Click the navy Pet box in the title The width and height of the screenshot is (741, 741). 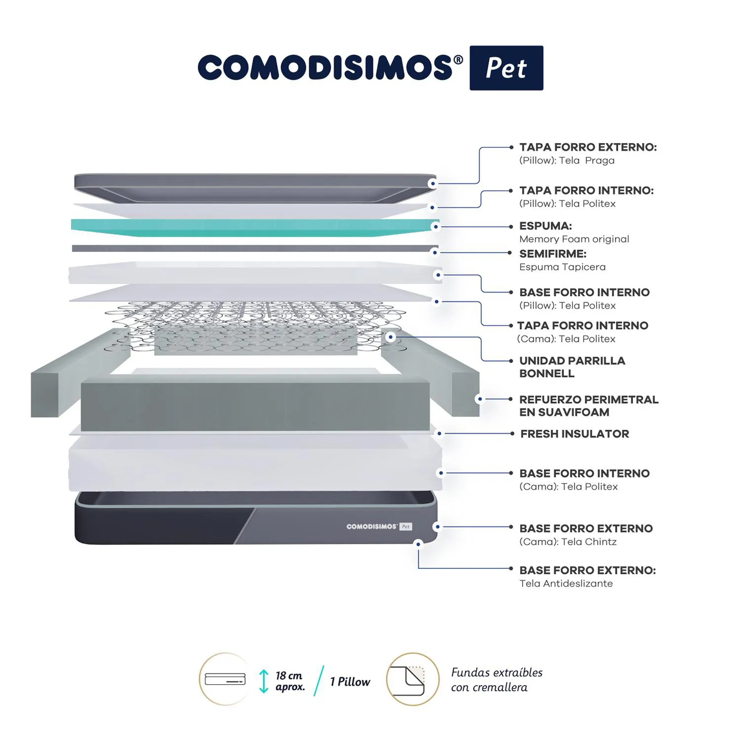pyautogui.click(x=506, y=68)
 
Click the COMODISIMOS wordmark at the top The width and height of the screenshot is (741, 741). pyautogui.click(x=330, y=68)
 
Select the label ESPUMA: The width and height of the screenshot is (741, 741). pyautogui.click(x=545, y=226)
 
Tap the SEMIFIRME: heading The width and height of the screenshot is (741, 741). pyautogui.click(x=553, y=254)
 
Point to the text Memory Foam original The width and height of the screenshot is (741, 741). pyautogui.click(x=574, y=239)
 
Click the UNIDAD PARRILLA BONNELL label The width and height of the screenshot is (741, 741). pyautogui.click(x=572, y=367)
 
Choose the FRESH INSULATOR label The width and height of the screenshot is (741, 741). pyautogui.click(x=575, y=434)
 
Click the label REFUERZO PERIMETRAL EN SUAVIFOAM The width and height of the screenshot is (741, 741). pyautogui.click(x=589, y=406)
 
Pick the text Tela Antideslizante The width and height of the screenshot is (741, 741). pyautogui.click(x=566, y=583)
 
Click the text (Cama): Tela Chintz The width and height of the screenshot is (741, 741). pyautogui.click(x=568, y=542)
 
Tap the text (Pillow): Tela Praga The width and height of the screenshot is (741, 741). pyautogui.click(x=567, y=161)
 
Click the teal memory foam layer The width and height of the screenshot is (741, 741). pyautogui.click(x=255, y=227)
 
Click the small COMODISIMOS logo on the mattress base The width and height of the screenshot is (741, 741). pyautogui.click(x=379, y=527)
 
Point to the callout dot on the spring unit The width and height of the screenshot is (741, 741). pyautogui.click(x=391, y=337)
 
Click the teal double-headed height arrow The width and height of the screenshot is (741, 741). pyautogui.click(x=264, y=681)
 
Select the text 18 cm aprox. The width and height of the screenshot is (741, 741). pyautogui.click(x=290, y=681)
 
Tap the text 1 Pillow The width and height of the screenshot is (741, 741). pyautogui.click(x=350, y=682)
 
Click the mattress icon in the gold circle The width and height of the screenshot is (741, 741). pyautogui.click(x=225, y=679)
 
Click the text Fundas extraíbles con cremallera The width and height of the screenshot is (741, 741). pyautogui.click(x=496, y=680)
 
